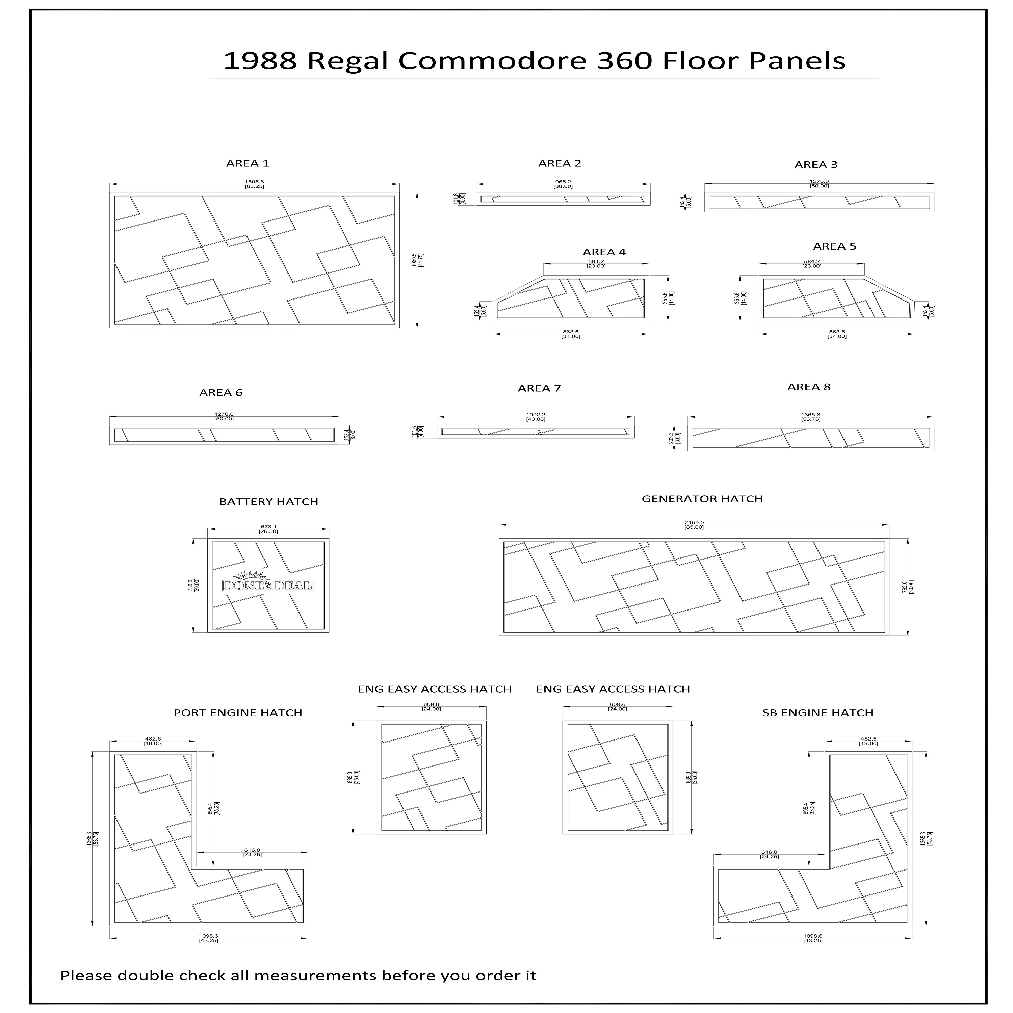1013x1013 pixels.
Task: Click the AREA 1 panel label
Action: (248, 163)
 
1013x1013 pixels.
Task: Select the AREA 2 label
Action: (560, 163)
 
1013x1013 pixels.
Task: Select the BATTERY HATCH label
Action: (268, 502)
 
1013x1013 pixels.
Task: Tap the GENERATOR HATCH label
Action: (702, 499)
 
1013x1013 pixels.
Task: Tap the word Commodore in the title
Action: (492, 61)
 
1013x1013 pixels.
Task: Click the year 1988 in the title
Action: (260, 61)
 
